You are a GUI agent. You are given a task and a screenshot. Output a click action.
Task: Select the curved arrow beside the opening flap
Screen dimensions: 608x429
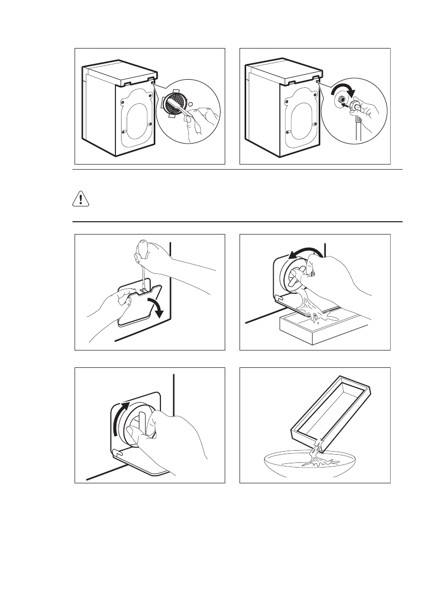click(x=157, y=307)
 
